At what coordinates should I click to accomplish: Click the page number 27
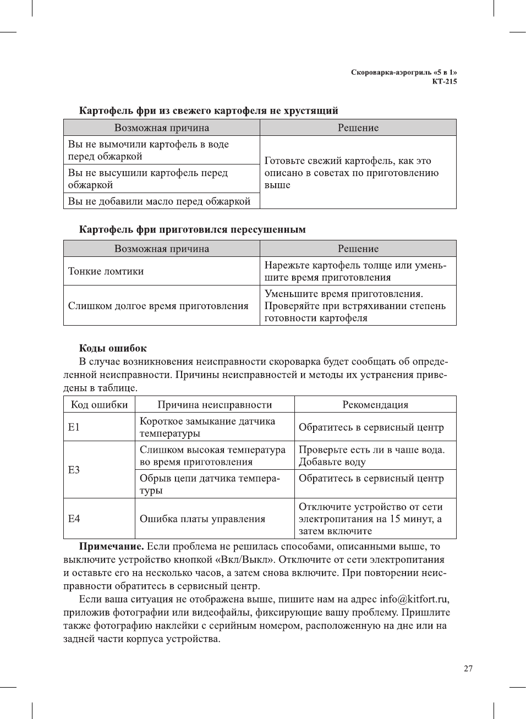pos(468,668)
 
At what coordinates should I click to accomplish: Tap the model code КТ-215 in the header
pos(444,81)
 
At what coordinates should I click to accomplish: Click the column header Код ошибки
pos(99,404)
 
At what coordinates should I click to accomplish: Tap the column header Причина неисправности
pos(215,404)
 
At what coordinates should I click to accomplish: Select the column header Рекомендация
pos(375,404)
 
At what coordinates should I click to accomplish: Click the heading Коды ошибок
pos(113,348)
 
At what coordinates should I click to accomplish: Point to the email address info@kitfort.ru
pos(414,599)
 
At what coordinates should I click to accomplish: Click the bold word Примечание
pos(112,546)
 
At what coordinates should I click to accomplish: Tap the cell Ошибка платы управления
pos(202,519)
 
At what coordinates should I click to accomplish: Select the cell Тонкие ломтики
pos(106,271)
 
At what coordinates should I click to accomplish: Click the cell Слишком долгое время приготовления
pos(158,306)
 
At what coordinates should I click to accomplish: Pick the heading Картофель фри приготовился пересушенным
pos(192,229)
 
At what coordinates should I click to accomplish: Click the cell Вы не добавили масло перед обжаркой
pos(159,201)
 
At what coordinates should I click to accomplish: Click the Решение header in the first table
pos(358,128)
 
